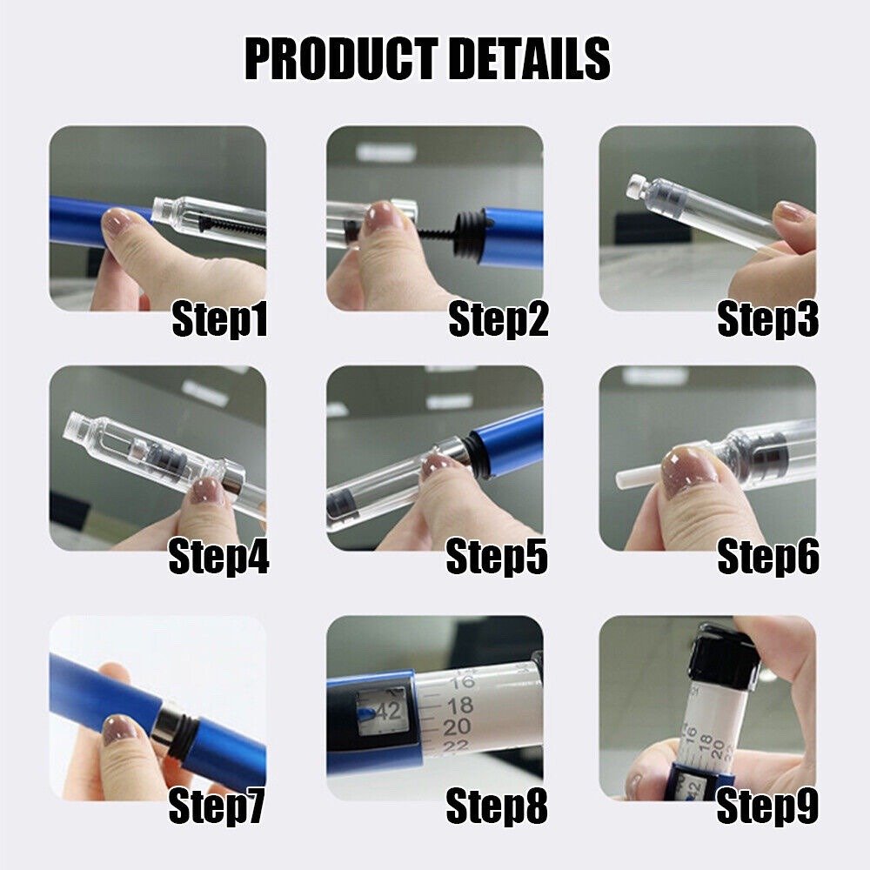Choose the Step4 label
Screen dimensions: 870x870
(x=218, y=556)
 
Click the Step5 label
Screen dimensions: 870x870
(x=497, y=556)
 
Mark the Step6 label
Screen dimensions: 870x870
(x=767, y=556)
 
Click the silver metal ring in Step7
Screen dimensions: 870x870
(x=162, y=729)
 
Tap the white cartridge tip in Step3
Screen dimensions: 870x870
(x=638, y=184)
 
